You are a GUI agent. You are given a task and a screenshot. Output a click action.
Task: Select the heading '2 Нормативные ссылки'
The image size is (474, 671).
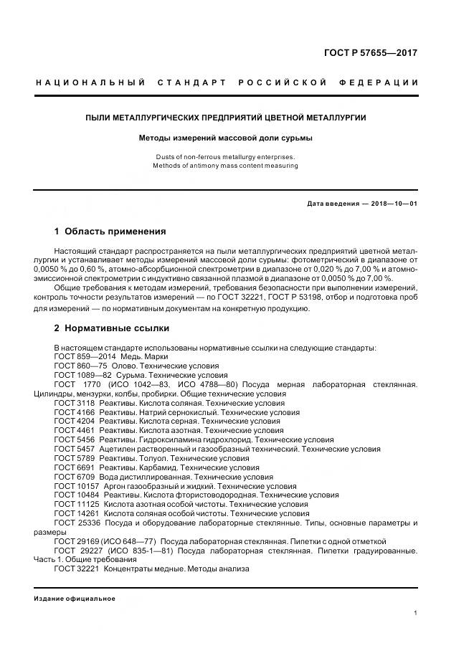[x=112, y=328]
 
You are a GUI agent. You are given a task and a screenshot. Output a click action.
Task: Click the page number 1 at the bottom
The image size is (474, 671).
[x=415, y=613]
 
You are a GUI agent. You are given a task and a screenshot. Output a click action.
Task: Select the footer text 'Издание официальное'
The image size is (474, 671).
[x=75, y=599]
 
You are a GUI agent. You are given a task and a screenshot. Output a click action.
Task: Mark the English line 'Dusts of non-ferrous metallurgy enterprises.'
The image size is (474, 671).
[x=226, y=156]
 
